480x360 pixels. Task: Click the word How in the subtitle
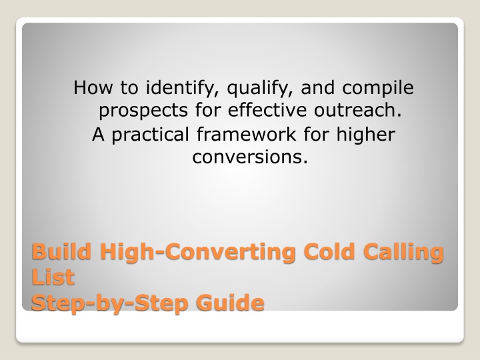[x=93, y=87]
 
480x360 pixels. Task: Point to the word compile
[x=378, y=89]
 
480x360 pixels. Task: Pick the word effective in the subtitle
[x=267, y=109]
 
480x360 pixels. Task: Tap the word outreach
[x=357, y=109]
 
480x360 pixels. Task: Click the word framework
[x=247, y=134]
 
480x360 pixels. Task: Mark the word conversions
[x=250, y=157]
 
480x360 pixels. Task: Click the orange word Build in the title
[x=61, y=251]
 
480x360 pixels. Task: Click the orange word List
[x=53, y=277]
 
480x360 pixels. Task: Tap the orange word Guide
[x=230, y=303]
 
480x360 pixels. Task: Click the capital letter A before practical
[x=98, y=134]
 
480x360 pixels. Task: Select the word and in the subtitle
[x=318, y=87]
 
